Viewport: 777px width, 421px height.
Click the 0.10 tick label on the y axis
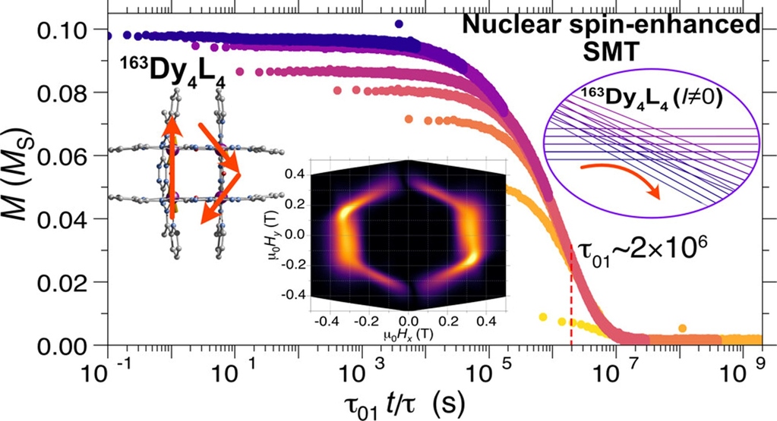point(66,30)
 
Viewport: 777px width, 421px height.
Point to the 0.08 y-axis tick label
point(66,93)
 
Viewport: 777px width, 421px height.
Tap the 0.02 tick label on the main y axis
point(66,282)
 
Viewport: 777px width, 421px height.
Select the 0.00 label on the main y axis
point(66,345)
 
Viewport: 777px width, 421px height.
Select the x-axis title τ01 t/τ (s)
point(405,405)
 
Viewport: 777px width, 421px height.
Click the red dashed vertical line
point(571,297)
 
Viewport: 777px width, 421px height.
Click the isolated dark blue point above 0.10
point(399,24)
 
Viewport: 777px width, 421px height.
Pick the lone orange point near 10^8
point(682,328)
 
